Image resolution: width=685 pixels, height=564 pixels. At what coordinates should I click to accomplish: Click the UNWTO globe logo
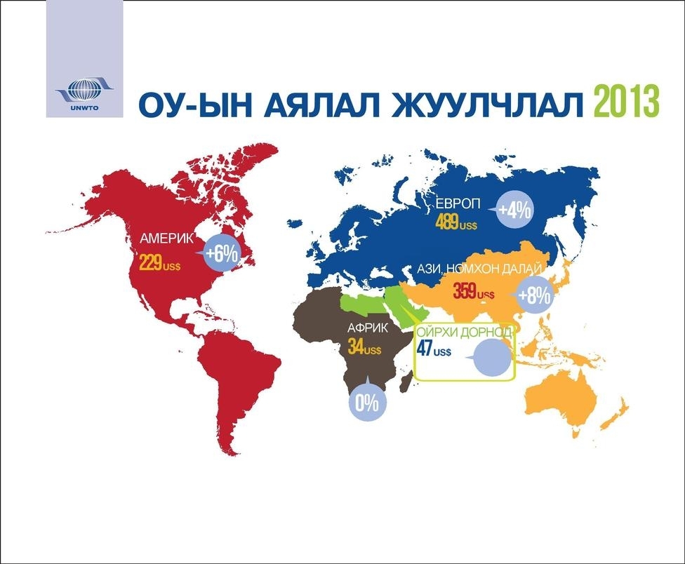85,92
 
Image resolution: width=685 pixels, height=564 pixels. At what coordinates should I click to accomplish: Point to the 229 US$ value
159,263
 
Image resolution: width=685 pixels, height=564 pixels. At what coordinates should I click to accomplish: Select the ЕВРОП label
457,203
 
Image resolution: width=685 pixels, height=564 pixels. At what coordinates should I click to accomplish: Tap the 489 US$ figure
456,223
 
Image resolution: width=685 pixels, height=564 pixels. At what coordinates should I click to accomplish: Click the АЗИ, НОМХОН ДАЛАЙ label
479,269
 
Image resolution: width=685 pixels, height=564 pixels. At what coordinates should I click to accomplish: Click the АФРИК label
367,328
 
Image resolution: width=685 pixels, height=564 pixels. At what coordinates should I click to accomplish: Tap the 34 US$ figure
364,347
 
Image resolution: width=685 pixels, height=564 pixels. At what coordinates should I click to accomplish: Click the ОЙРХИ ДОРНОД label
463,333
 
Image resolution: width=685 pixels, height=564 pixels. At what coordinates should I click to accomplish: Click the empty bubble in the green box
491,358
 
